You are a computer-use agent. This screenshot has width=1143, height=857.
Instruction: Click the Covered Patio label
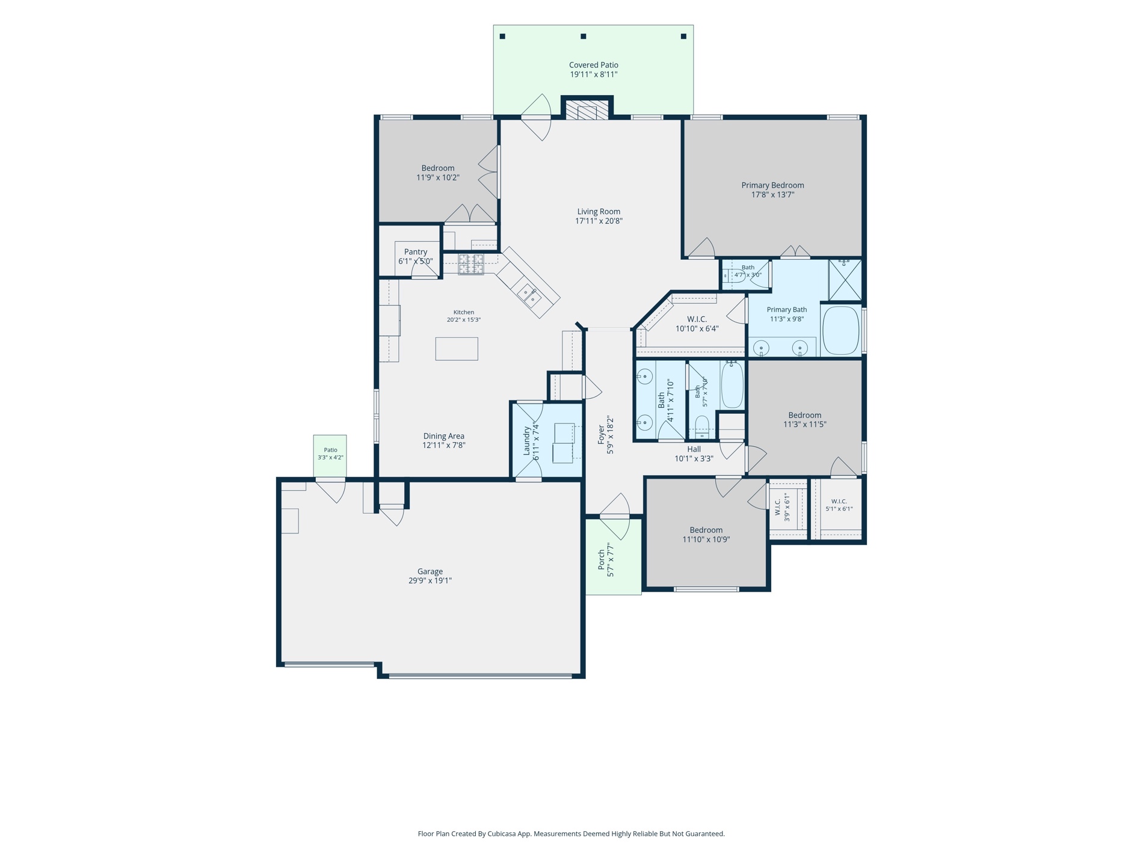pyautogui.click(x=593, y=70)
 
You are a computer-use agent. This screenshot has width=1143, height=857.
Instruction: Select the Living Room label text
pyautogui.click(x=599, y=216)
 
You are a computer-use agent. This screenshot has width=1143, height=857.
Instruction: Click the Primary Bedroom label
pyautogui.click(x=772, y=190)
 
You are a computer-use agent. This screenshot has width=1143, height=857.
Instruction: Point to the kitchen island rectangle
pyautogui.click(x=457, y=349)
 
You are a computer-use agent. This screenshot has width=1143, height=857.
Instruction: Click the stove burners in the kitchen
pyautogui.click(x=471, y=264)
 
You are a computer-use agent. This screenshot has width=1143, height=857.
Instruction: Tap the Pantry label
pyautogui.click(x=415, y=256)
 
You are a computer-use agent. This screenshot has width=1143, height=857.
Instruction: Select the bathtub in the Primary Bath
pyautogui.click(x=840, y=331)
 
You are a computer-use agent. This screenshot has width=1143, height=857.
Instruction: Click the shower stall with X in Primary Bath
pyautogui.click(x=845, y=280)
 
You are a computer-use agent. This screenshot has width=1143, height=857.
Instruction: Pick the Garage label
pyautogui.click(x=430, y=576)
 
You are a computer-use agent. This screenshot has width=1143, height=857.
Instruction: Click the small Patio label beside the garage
pyautogui.click(x=330, y=453)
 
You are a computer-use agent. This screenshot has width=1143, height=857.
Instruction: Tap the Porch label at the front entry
pyautogui.click(x=606, y=559)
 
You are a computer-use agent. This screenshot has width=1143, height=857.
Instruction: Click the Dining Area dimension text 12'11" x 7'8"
pyautogui.click(x=443, y=446)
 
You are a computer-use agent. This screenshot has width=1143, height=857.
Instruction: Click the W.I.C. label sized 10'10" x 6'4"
pyautogui.click(x=697, y=324)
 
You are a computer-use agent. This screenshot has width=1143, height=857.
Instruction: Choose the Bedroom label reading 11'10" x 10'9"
pyautogui.click(x=706, y=535)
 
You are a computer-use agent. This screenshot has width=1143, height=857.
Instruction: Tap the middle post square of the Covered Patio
pyautogui.click(x=583, y=37)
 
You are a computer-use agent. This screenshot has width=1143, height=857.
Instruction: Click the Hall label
pyautogui.click(x=694, y=449)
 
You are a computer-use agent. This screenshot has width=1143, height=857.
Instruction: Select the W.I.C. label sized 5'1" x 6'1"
pyautogui.click(x=839, y=505)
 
